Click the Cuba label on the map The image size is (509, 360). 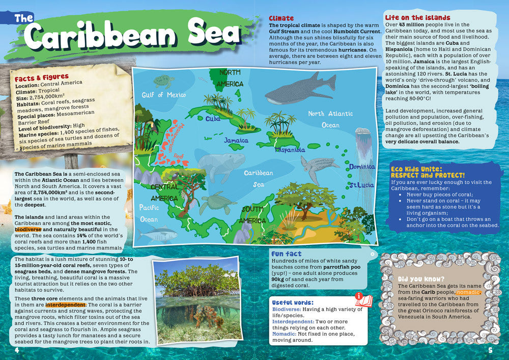point(213,119)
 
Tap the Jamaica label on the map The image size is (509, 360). point(236,140)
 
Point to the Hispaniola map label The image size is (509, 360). point(290,150)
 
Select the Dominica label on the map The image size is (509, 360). point(362,167)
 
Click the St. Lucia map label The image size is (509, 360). point(361,185)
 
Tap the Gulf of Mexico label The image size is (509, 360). point(164,95)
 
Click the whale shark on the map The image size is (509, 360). point(300,89)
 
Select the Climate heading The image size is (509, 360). point(281,18)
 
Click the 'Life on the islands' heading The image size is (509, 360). point(417,18)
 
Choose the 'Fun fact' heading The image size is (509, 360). point(286,254)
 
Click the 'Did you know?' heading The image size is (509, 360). point(420,279)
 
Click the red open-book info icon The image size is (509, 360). point(363,299)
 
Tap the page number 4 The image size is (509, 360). point(17,350)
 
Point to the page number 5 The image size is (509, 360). point(490,350)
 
